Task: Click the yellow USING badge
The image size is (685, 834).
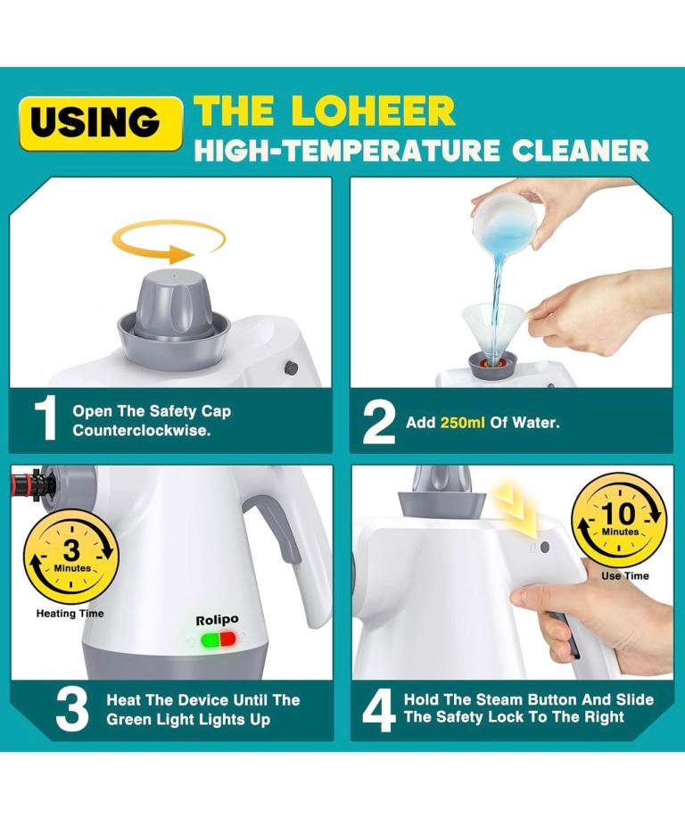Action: click(x=100, y=123)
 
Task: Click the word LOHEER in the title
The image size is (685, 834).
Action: click(x=373, y=111)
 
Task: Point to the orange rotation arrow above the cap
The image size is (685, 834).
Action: click(x=168, y=242)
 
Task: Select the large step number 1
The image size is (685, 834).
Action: click(x=46, y=420)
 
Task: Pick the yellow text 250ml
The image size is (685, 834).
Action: click(x=462, y=423)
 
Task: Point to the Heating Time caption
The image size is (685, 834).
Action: click(x=70, y=614)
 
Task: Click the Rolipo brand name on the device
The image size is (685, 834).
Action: click(x=217, y=620)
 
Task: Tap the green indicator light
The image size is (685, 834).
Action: click(x=210, y=640)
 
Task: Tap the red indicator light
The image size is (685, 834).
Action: click(x=227, y=640)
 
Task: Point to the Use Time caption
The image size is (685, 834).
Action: click(x=625, y=575)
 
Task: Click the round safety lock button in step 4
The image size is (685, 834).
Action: click(x=545, y=547)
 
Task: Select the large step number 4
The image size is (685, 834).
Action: click(x=379, y=710)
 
